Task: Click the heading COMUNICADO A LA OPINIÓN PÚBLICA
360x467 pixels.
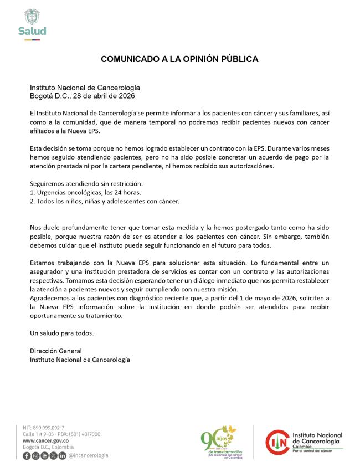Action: click(x=179, y=59)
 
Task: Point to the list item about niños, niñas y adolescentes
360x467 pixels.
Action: click(x=104, y=201)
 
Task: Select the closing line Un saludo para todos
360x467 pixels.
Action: click(x=61, y=333)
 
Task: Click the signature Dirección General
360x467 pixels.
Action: click(x=56, y=351)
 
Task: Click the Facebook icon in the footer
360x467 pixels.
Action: click(x=27, y=455)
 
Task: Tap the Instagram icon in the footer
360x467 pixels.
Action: click(x=35, y=455)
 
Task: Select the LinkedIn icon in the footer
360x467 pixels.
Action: click(x=62, y=455)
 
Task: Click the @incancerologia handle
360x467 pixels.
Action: click(x=88, y=455)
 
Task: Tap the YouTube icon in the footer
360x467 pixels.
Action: click(x=44, y=455)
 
